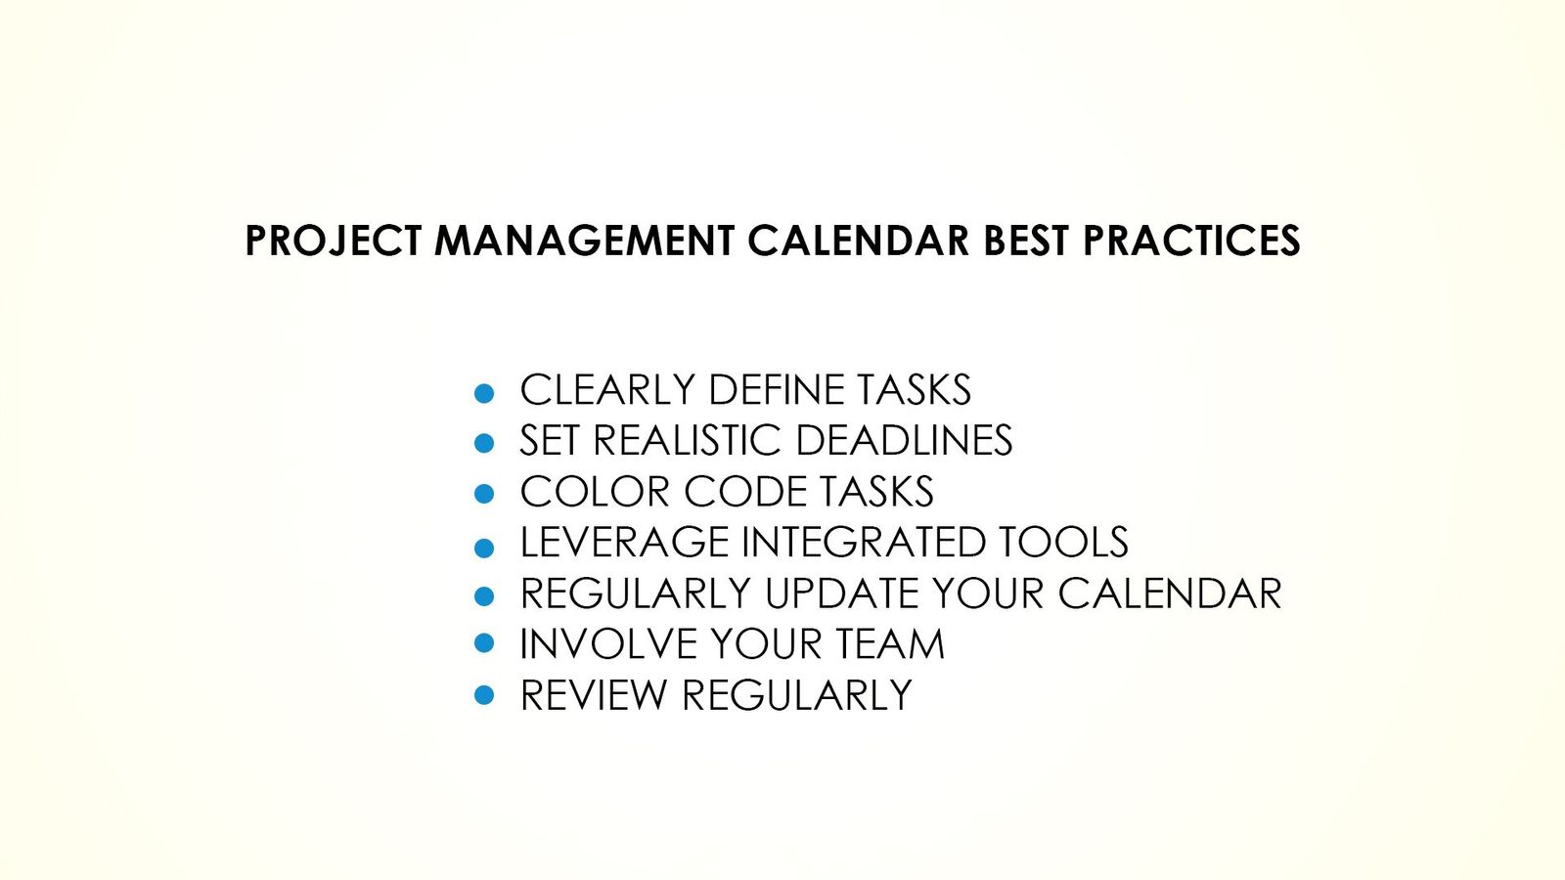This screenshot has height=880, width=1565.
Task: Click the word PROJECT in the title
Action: pos(333,241)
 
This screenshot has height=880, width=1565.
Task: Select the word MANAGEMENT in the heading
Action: pos(584,241)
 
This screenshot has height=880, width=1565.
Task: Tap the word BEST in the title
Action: pos(1026,241)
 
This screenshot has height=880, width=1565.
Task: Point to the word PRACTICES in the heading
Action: pos(1191,241)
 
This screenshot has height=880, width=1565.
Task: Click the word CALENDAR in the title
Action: pos(858,241)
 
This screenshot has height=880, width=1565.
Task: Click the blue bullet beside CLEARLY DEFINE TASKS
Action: pos(484,393)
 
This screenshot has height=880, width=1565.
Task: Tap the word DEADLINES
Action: pos(904,441)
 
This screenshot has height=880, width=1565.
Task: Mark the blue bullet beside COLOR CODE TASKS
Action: pos(484,494)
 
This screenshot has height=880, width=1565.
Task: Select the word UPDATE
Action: pos(841,594)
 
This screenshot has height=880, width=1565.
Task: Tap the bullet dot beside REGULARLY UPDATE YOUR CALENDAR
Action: pos(484,595)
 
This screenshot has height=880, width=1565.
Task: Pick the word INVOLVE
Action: pos(608,644)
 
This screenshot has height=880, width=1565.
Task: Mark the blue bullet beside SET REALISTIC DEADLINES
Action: pos(484,443)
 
